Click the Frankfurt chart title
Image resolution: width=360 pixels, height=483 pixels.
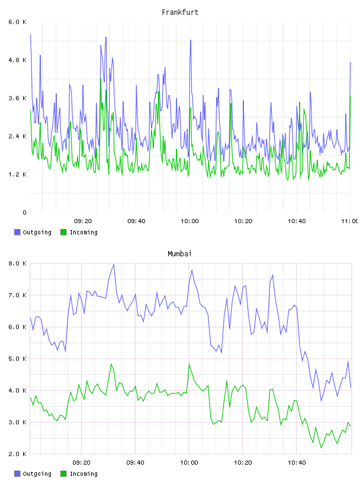pos(180,12)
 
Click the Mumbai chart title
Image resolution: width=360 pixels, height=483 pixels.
pos(179,254)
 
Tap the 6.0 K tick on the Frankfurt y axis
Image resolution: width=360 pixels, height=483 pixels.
pos(17,22)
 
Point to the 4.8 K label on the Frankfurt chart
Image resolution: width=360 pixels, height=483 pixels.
pos(17,60)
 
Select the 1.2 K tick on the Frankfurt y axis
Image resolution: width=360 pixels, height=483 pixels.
pos(17,175)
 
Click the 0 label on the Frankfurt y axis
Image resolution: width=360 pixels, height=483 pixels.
pos(24,212)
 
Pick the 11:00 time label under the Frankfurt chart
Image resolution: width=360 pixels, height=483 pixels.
pos(349,221)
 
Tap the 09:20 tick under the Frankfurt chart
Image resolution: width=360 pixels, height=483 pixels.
pos(83,221)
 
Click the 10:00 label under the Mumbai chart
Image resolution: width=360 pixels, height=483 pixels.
pos(189,463)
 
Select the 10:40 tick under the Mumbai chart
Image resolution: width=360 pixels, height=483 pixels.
pos(297,463)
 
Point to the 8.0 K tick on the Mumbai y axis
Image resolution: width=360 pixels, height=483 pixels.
pos(17,263)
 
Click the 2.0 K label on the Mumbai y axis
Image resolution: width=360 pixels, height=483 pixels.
pos(17,454)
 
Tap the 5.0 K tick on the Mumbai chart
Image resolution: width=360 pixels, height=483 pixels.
pos(17,359)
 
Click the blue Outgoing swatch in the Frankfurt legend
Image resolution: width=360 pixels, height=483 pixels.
pos(17,232)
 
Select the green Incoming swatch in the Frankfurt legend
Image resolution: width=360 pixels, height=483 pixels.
pos(63,232)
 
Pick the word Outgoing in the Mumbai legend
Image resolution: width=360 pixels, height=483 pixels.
pos(37,474)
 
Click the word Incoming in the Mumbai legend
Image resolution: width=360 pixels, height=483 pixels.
pos(83,474)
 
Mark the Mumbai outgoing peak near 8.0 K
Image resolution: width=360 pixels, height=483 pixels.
pos(114,265)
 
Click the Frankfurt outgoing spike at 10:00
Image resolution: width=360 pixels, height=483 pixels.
pos(191,40)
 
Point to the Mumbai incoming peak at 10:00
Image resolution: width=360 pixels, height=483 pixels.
pos(189,364)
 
